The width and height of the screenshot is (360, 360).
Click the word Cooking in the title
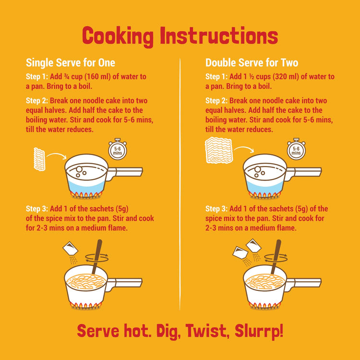coord(118,36)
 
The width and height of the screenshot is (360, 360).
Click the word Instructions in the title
coord(219,36)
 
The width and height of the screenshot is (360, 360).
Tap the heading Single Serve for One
coord(70,62)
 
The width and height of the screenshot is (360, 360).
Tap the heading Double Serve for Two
coord(252,62)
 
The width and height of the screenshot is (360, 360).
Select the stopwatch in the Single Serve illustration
coord(116,150)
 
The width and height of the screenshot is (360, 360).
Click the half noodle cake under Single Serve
coord(39,159)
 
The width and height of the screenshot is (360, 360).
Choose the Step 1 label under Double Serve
coord(216,77)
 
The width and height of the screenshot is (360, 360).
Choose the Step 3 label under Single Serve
coord(37,208)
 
